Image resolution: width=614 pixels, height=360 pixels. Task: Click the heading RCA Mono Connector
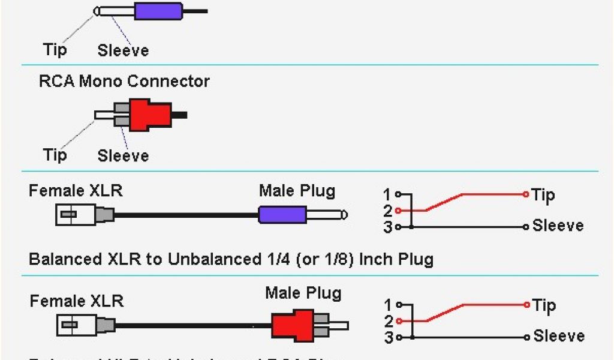coord(124,81)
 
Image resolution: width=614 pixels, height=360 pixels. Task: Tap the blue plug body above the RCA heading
coord(158,11)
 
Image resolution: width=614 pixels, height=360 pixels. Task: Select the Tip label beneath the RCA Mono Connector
coord(55,155)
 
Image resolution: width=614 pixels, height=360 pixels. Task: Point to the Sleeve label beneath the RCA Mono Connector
coord(123,156)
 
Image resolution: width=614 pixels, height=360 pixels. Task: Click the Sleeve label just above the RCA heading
coord(123,50)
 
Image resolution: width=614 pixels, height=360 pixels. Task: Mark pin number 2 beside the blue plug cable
coord(388,211)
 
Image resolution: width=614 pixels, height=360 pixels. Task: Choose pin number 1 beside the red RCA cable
coord(389,305)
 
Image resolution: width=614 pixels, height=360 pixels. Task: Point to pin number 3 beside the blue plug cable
coord(388,227)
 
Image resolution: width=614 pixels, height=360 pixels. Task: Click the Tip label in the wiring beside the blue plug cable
coord(543,194)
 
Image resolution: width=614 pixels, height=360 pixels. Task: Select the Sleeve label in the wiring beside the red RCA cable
coord(558,336)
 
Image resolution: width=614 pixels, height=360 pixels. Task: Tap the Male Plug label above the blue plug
coord(297,191)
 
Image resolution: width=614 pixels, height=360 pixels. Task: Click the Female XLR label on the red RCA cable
coord(77,300)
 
